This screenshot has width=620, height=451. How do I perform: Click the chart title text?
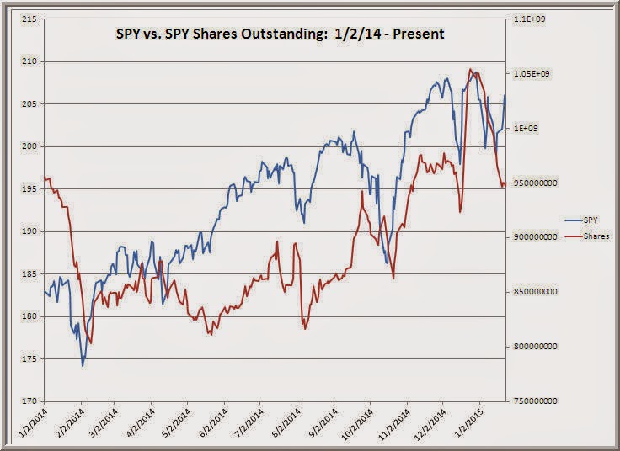click(279, 34)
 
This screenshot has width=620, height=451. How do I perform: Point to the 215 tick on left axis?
click(27, 19)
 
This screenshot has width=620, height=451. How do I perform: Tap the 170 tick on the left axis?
click(27, 401)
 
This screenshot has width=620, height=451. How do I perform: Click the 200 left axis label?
click(27, 146)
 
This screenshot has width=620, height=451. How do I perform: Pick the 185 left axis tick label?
click(27, 274)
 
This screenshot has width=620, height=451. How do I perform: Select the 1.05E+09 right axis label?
click(534, 74)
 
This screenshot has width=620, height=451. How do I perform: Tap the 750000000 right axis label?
click(537, 401)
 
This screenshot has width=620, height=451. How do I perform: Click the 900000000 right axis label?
click(537, 237)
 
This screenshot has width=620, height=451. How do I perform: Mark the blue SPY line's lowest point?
click(83, 366)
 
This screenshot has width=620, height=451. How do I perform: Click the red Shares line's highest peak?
click(470, 69)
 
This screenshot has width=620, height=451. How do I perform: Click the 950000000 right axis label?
click(537, 183)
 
